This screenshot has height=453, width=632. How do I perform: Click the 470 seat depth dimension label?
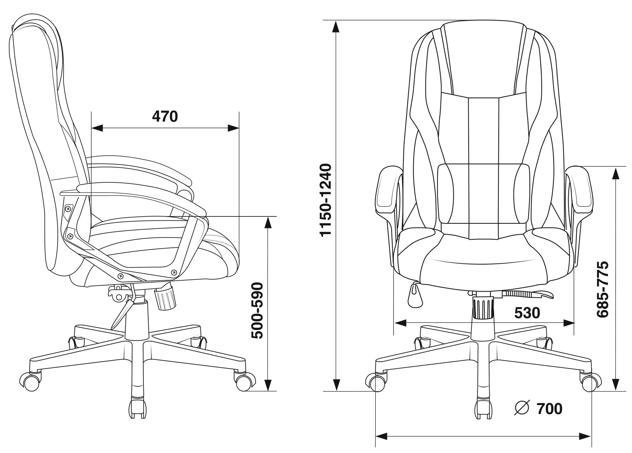click(x=165, y=116)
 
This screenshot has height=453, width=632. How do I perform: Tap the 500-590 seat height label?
click(x=257, y=311)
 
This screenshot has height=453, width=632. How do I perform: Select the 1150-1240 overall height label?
click(x=325, y=200)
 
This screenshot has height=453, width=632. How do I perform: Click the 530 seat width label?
click(x=527, y=313)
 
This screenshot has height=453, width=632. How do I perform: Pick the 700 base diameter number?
click(x=550, y=409)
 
